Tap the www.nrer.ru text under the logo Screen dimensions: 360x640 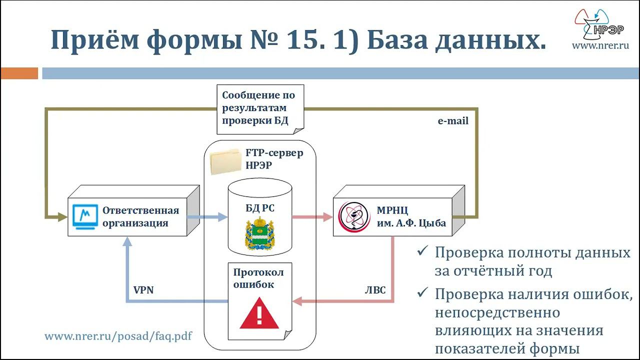pyautogui.click(x=600, y=45)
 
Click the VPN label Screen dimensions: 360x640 pyautogui.click(x=143, y=290)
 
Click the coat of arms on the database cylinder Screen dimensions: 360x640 pyautogui.click(x=259, y=233)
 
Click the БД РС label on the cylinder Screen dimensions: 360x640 pyautogui.click(x=259, y=208)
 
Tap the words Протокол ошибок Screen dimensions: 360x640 pyautogui.click(x=258, y=278)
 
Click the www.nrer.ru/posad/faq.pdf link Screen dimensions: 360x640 pyautogui.click(x=118, y=336)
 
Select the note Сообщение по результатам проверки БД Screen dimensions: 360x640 pyautogui.click(x=258, y=108)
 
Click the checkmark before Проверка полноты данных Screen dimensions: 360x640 pyautogui.click(x=423, y=252)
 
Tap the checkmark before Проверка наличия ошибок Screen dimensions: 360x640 pyautogui.click(x=423, y=293)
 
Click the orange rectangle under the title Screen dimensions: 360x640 pyautogui.click(x=19, y=73)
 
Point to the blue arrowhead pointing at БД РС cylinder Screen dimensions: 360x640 pyautogui.click(x=223, y=217)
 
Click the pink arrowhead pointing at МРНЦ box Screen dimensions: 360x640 pyautogui.click(x=328, y=217)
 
